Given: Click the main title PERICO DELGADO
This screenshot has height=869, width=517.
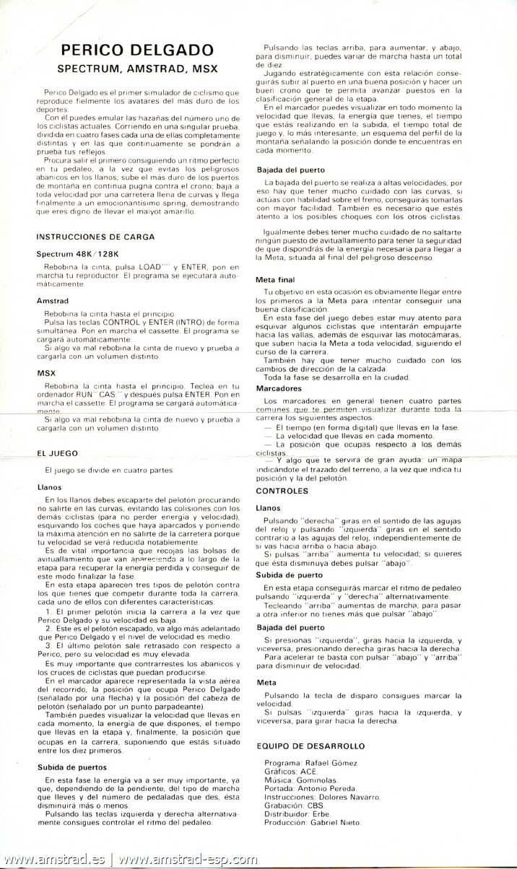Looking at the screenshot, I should tap(137, 50).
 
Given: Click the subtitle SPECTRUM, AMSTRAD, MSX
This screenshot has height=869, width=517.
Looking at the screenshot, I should tap(137, 69).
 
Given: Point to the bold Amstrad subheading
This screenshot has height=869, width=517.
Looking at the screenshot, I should tap(51, 300).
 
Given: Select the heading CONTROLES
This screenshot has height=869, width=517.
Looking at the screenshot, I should tap(282, 491).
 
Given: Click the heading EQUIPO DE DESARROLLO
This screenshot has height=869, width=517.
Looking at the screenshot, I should tap(310, 746).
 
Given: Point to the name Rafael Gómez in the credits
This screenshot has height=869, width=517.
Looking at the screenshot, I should tap(333, 763).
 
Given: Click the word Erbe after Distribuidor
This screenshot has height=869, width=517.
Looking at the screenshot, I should tap(321, 814).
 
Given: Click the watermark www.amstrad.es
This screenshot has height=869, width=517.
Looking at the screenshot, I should tap(54, 860).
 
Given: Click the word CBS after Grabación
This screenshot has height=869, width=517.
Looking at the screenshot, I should tap(315, 805).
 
